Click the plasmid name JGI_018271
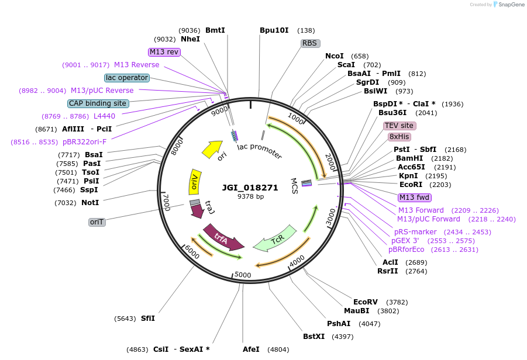coord(250,188)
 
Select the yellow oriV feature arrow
coord(195,182)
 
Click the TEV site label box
coord(399,126)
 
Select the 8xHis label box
coord(399,137)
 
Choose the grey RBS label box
coord(309,43)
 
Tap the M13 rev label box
coord(164,52)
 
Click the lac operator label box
coord(127,78)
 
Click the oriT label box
coord(97,222)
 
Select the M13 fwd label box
coord(414,198)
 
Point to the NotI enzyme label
coord(90,203)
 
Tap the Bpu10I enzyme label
coord(274,30)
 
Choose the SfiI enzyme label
coord(148,319)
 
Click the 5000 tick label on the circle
coord(242,275)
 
